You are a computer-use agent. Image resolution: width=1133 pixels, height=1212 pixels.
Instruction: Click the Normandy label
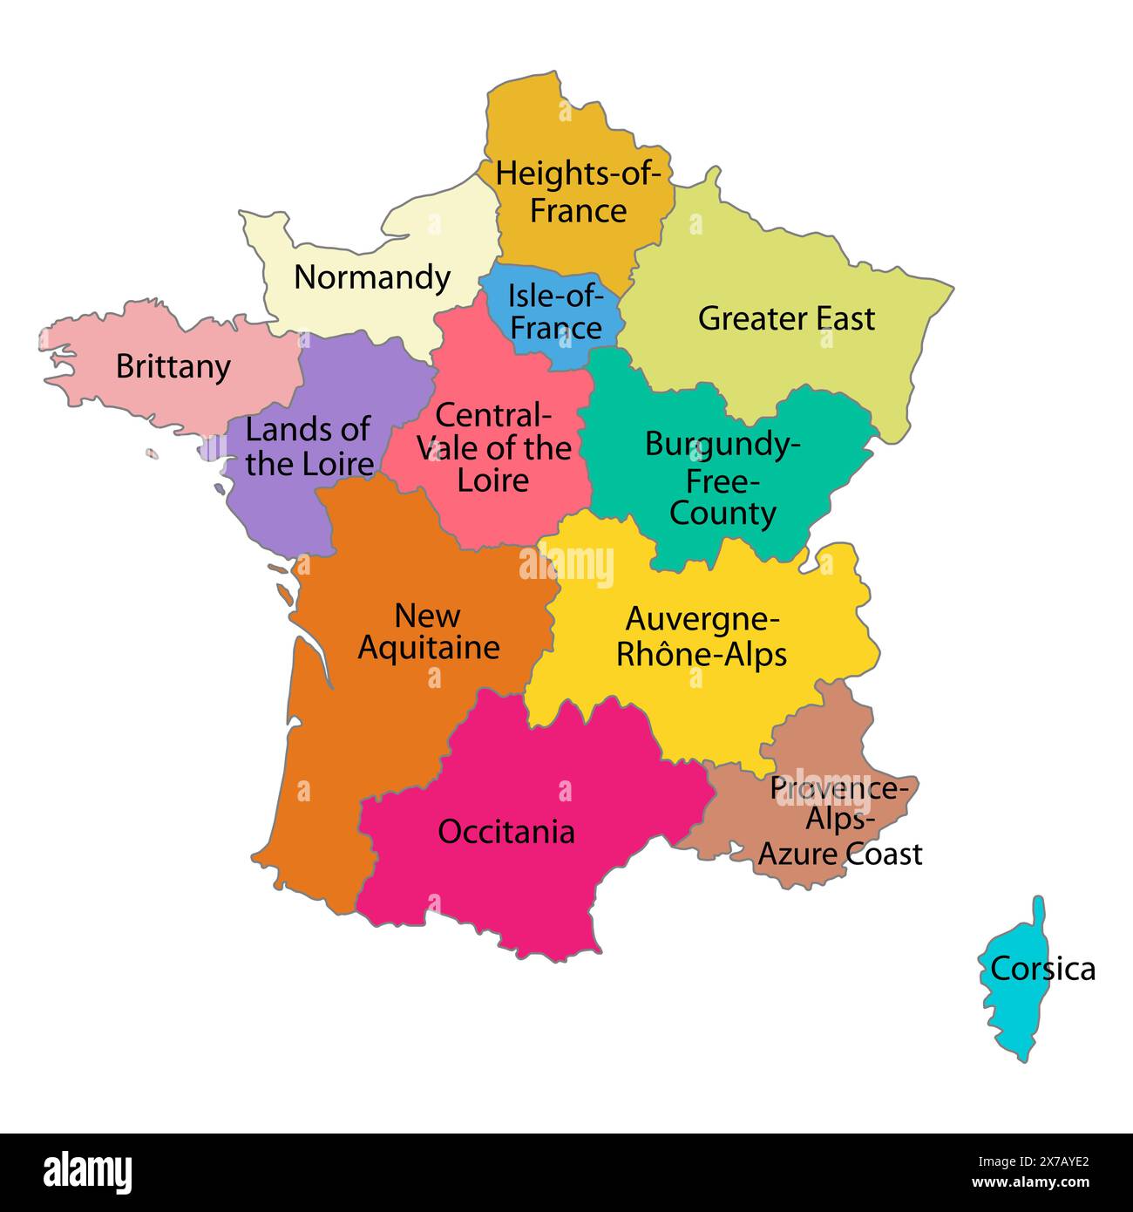click(372, 277)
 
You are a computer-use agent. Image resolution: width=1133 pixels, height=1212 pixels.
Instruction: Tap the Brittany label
click(173, 366)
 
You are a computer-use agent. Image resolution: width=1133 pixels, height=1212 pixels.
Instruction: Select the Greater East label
click(786, 319)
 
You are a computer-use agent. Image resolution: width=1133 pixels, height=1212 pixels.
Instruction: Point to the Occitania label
click(506, 832)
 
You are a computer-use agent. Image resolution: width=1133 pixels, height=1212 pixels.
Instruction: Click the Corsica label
click(1042, 969)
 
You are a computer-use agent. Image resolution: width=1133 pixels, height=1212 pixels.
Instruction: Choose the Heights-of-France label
click(577, 192)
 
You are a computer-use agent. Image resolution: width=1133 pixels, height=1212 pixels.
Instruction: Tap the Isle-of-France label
click(556, 312)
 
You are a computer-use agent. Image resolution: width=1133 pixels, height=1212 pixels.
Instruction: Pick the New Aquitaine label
click(429, 631)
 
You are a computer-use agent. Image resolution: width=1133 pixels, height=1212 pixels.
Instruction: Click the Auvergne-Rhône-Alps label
click(702, 637)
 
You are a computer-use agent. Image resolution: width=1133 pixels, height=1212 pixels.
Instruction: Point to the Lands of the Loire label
click(309, 446)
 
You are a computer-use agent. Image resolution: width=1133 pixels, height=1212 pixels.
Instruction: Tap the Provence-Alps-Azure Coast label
click(840, 820)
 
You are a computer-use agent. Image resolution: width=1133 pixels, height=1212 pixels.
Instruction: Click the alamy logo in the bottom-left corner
click(88, 1171)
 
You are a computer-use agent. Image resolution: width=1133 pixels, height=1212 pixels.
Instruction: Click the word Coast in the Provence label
click(884, 854)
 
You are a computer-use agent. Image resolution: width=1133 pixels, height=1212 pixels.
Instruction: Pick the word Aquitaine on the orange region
click(429, 648)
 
